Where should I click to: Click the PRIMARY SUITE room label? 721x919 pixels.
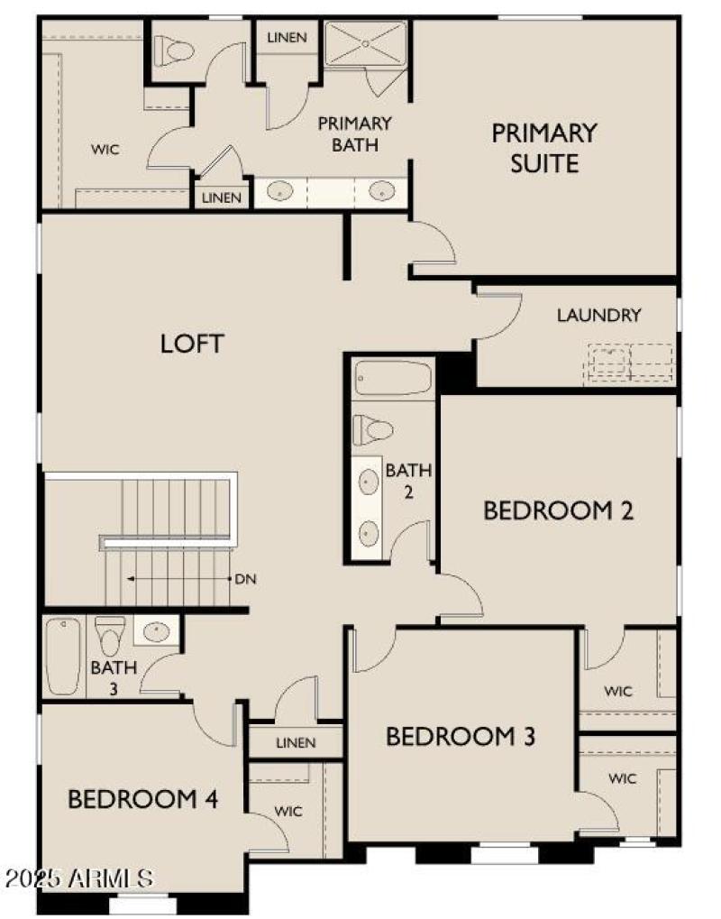coord(543,147)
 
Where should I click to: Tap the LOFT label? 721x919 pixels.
coord(191,344)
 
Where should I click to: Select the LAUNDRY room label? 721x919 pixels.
coord(598,316)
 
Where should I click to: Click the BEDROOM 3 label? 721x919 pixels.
coord(461,737)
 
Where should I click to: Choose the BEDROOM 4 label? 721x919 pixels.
coord(143,799)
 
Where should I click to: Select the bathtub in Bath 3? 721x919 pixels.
coord(64,656)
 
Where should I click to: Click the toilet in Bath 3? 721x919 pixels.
coord(111,635)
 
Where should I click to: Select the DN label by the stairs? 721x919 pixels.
coord(245,579)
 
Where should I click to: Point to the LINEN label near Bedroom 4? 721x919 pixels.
coord(296,743)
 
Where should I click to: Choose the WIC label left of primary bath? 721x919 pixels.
coord(105,148)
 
